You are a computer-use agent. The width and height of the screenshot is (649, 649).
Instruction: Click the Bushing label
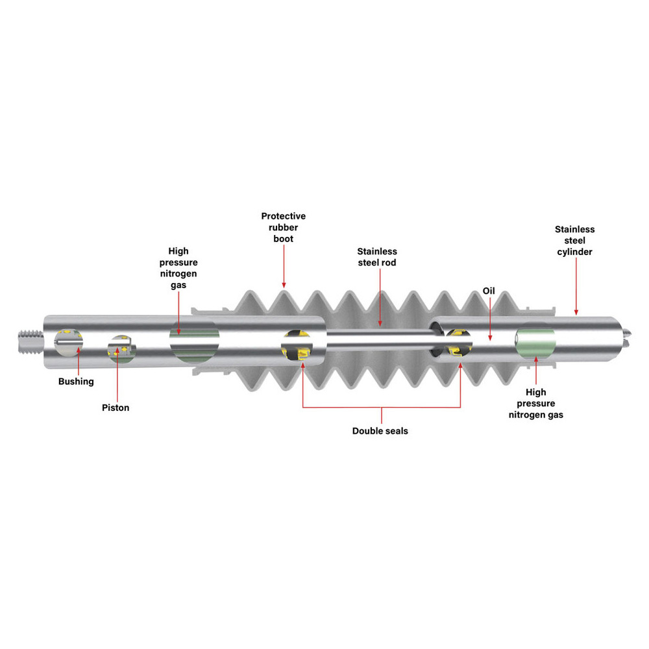(76, 382)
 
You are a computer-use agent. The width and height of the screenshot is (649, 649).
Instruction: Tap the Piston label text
(116, 408)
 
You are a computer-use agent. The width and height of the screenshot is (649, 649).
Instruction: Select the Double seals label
(380, 431)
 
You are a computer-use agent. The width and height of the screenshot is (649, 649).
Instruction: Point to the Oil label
(489, 291)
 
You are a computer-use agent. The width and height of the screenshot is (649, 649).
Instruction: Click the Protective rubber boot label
(284, 227)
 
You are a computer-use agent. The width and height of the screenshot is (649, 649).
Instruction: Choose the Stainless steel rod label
(377, 257)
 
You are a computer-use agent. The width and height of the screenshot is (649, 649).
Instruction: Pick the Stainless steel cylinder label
(574, 241)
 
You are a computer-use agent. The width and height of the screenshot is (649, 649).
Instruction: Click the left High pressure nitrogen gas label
(178, 268)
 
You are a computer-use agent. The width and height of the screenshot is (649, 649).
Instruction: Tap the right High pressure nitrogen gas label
(535, 404)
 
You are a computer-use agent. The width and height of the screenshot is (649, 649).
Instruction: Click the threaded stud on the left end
(31, 341)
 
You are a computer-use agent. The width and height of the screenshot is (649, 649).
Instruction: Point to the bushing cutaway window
(69, 342)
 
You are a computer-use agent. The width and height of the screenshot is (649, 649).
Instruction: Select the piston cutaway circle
(121, 349)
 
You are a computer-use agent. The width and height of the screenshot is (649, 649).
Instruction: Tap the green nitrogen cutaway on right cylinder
(535, 342)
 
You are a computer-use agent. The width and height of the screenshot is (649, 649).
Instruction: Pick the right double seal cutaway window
(458, 343)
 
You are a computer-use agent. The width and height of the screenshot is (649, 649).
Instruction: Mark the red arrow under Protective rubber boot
(284, 266)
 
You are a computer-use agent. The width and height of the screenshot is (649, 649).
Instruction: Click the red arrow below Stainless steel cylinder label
(576, 286)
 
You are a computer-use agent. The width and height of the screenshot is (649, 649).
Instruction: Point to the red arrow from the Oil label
(490, 319)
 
